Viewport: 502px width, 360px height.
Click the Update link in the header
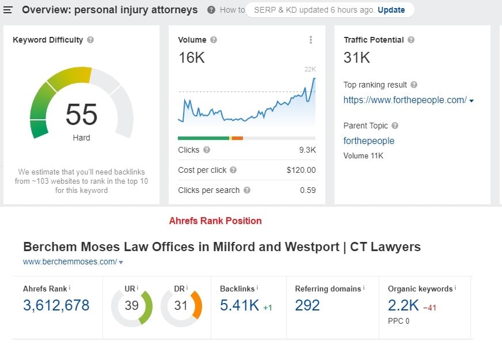[x=391, y=10]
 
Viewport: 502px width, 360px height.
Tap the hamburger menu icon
[x=8, y=10]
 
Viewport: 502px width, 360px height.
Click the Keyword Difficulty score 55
[x=81, y=114]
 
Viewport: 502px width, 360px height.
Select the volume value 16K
[x=191, y=58]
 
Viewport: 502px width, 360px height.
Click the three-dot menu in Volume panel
[x=311, y=40]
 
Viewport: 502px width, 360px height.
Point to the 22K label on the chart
[x=310, y=70]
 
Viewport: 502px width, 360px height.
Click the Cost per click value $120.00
[x=301, y=170]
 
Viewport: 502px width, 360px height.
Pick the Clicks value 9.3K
[x=307, y=150]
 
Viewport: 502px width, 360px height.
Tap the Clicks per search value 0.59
[x=308, y=190]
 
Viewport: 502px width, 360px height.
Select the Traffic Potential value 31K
[x=356, y=58]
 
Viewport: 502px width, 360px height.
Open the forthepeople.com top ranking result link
[x=405, y=100]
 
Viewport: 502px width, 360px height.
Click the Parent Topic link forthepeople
[x=369, y=141]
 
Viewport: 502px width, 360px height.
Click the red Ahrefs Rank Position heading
[x=215, y=221]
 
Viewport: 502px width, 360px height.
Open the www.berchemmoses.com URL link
[x=70, y=262]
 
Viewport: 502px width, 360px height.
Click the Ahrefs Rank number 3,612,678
[x=56, y=305]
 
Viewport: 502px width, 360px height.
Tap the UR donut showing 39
[x=132, y=305]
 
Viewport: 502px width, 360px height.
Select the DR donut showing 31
[x=181, y=305]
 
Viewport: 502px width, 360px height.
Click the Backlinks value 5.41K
[x=239, y=305]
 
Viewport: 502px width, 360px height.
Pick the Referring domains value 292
[x=307, y=305]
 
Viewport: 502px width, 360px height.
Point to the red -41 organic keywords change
[x=429, y=308]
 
